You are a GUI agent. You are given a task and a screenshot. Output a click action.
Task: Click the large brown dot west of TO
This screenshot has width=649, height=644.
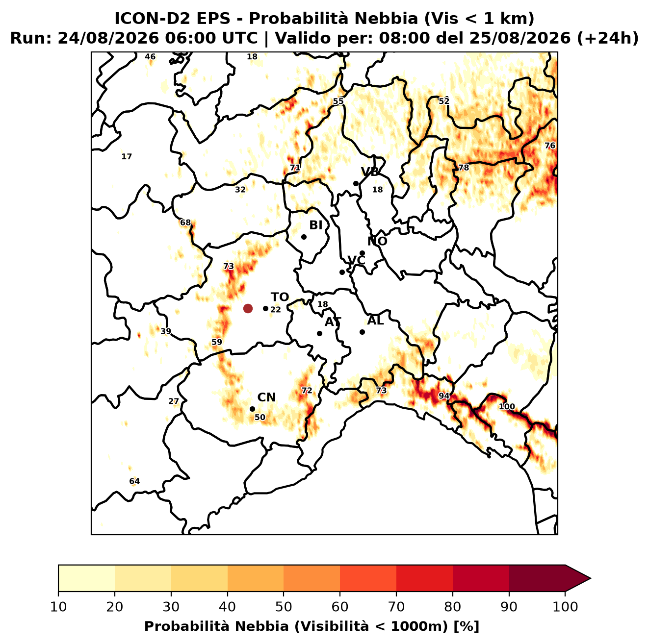(x=248, y=308)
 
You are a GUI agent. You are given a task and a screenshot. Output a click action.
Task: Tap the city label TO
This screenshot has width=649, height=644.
(x=280, y=297)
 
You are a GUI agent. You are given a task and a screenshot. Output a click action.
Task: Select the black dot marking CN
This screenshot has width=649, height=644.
(x=252, y=409)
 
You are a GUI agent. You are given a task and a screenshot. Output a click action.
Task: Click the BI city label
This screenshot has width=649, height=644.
(x=316, y=225)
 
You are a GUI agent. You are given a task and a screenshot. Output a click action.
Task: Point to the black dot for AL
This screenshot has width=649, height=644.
(x=362, y=332)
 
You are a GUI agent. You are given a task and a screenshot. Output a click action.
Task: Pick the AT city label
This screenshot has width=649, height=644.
(x=333, y=322)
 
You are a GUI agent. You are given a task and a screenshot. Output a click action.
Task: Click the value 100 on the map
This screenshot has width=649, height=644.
(x=507, y=407)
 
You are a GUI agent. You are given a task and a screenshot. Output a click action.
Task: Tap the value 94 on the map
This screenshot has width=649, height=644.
(x=444, y=396)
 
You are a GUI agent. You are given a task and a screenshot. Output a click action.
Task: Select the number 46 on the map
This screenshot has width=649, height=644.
(x=150, y=57)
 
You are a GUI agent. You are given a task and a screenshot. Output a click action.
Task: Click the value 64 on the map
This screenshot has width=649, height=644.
(x=134, y=481)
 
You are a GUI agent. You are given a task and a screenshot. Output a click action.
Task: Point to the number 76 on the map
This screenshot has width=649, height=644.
(x=550, y=146)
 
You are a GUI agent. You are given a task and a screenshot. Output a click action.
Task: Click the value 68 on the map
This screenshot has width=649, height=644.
(x=185, y=223)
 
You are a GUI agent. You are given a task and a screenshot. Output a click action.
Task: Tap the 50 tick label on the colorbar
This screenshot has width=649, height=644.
(x=284, y=607)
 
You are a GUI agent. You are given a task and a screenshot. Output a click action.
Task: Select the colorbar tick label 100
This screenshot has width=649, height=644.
(x=565, y=607)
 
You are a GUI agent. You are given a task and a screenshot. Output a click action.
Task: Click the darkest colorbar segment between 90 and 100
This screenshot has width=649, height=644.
(x=537, y=578)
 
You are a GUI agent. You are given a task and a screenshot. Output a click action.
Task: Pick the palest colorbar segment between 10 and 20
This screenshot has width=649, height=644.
(x=86, y=578)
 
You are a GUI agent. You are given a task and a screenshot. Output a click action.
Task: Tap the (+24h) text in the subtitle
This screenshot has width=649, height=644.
(x=608, y=38)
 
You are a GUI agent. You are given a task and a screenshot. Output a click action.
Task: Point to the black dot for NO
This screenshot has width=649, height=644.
(x=362, y=253)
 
